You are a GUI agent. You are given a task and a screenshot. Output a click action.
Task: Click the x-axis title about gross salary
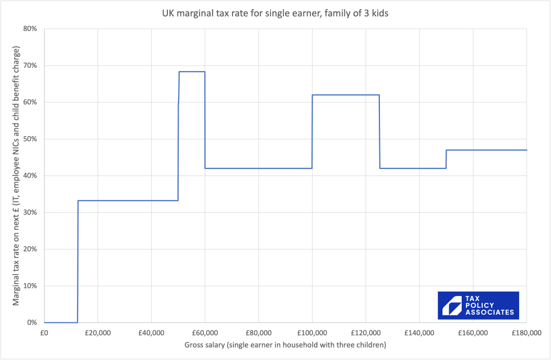(285, 344)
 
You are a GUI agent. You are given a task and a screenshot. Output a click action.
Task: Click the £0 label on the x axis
(44, 332)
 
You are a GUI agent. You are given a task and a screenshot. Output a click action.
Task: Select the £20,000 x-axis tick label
(97, 332)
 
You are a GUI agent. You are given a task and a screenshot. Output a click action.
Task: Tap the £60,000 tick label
(204, 332)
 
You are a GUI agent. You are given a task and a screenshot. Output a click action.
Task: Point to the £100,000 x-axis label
(312, 332)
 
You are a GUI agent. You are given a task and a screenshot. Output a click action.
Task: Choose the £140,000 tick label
(419, 332)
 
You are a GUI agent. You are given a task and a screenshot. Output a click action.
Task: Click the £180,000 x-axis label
(527, 332)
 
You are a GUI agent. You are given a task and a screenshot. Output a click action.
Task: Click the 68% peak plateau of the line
(192, 72)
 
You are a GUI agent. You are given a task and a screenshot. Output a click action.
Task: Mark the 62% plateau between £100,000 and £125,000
(345, 95)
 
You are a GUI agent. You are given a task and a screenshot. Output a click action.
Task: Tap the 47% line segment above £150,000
(486, 150)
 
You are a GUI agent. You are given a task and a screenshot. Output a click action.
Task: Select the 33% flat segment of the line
(128, 201)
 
